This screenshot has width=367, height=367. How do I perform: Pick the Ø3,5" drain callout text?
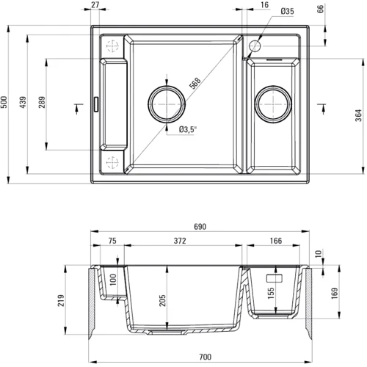(x=167, y=131)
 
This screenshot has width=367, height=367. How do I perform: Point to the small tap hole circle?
(x=255, y=46)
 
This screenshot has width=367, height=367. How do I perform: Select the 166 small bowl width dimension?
(x=275, y=241)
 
